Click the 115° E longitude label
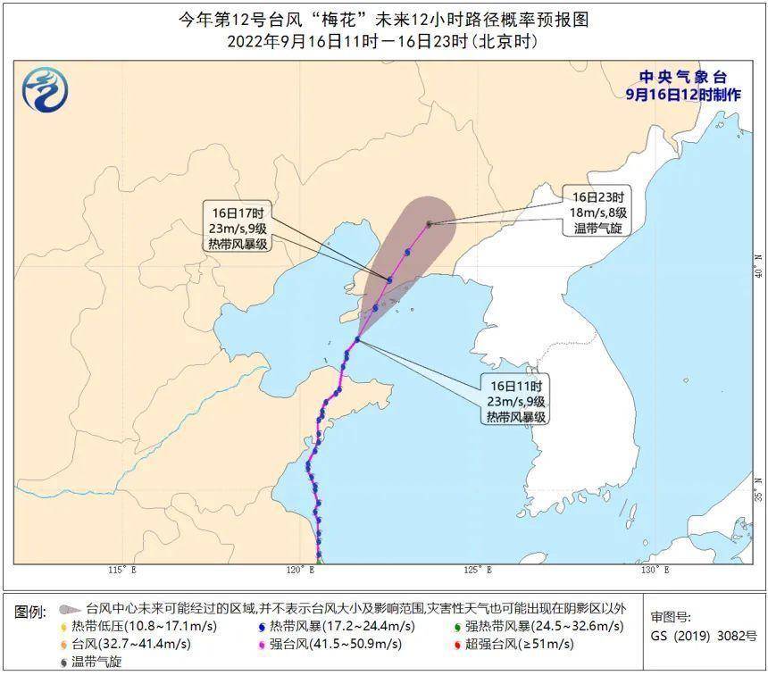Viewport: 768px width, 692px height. (122, 570)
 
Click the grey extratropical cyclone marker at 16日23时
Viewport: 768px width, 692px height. (429, 223)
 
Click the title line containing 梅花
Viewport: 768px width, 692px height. (384, 20)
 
